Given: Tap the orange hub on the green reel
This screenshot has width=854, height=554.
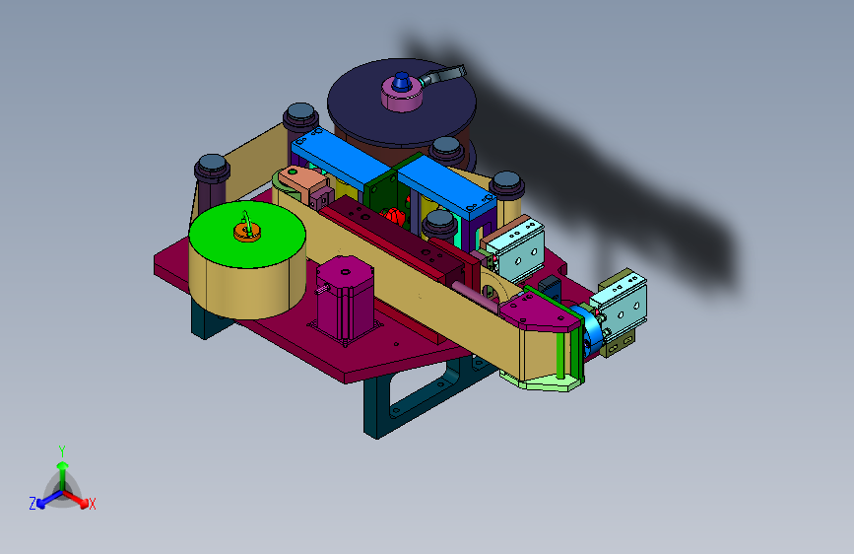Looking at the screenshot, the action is (247, 233).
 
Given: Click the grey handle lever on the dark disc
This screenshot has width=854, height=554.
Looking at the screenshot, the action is (443, 75).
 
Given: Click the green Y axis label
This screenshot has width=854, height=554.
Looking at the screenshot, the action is (62, 450).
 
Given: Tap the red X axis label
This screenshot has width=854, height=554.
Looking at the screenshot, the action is (92, 504).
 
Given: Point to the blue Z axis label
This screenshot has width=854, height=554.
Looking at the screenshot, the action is (33, 504).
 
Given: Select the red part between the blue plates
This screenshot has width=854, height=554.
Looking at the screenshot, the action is (395, 216).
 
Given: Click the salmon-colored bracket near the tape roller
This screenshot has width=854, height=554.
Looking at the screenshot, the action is (301, 182).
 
